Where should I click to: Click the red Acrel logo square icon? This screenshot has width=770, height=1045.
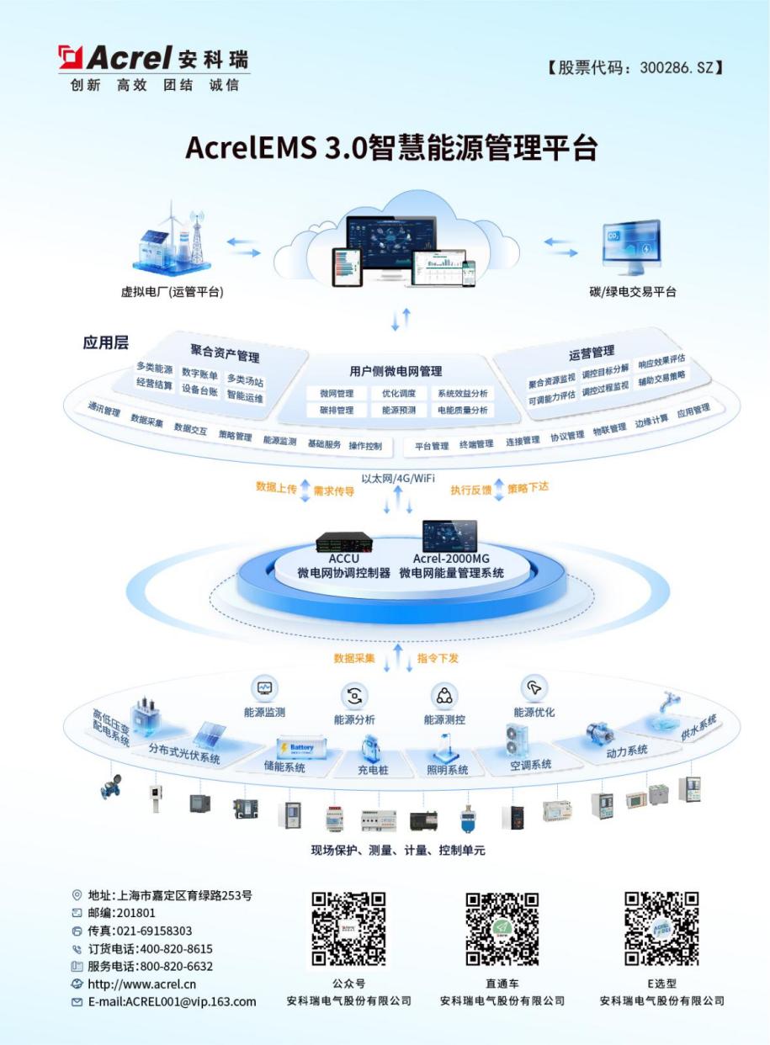point(70,57)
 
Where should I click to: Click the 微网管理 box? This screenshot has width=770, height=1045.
point(337,393)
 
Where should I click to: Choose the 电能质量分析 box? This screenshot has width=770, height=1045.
point(463,410)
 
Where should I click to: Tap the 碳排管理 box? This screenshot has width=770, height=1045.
point(337,410)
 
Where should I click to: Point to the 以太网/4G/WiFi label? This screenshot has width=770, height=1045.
point(398,478)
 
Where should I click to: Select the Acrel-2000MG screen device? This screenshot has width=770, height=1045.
point(450,536)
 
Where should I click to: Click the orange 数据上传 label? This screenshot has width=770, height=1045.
point(276,488)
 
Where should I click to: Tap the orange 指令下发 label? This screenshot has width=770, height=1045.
point(438,658)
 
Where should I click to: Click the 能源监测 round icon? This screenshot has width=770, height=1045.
point(264,687)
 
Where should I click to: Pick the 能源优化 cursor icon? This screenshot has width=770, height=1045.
point(534,687)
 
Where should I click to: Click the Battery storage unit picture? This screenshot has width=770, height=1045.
point(301,748)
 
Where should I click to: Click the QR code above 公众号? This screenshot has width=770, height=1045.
point(348,928)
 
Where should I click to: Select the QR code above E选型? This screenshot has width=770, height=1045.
point(661,928)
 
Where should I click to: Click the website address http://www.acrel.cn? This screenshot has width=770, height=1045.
point(142,984)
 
